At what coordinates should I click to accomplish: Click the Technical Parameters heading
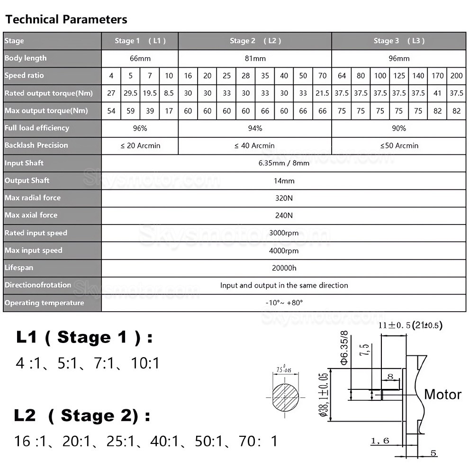66,19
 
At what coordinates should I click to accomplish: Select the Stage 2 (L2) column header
255,41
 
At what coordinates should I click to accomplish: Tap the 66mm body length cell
140,58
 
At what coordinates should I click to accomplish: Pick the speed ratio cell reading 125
399,76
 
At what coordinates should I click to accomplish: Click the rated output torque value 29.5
130,93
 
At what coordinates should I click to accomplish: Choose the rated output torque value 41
437,93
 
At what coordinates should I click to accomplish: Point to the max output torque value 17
169,111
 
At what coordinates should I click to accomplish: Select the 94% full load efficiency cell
255,128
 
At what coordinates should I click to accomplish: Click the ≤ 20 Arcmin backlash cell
140,146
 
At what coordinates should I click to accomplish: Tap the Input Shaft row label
24,163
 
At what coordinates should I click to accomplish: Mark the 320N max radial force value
283,198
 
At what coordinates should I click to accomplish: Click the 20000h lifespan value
283,268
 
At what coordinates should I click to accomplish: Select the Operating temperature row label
44,303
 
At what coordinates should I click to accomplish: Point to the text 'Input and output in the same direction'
284,285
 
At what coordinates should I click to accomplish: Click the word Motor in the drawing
442,394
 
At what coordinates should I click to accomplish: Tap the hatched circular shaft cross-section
286,396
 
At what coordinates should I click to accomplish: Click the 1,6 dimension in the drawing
379,441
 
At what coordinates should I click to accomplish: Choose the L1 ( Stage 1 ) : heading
84,338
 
